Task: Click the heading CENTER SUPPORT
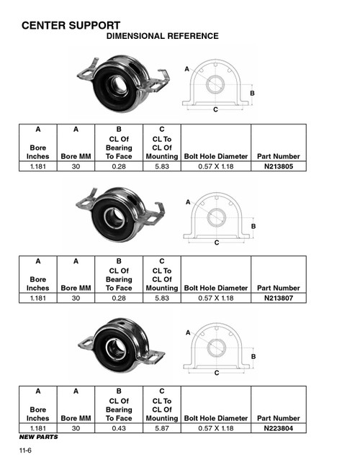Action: coord(71,25)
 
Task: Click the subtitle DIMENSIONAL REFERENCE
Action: coord(162,37)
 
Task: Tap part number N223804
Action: coord(279,428)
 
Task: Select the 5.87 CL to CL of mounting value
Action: coord(161,428)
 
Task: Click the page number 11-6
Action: coord(27,451)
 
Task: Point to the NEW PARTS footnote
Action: coord(38,437)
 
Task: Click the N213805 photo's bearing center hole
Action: coord(117,85)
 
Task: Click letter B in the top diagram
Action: coord(252,94)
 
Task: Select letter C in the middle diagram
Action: coord(216,243)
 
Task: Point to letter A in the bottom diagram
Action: coord(187,333)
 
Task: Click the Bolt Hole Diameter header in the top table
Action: coord(216,156)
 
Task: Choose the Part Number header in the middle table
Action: coord(279,288)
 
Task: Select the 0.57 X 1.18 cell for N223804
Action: coord(216,428)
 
